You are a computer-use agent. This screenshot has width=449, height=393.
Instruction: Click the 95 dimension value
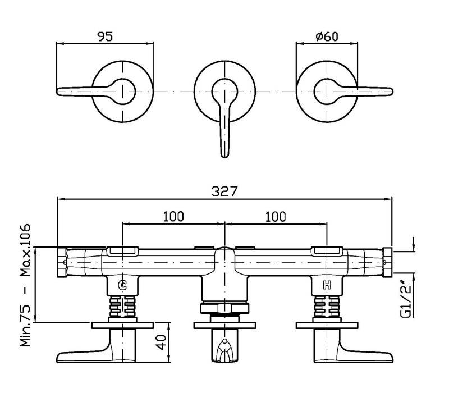[106, 36]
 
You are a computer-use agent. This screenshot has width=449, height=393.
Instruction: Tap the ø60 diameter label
[327, 36]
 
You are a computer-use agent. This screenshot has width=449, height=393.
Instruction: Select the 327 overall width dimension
[224, 191]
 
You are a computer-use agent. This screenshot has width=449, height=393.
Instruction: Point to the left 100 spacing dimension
[173, 217]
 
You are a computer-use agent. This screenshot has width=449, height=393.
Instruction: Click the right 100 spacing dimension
[276, 217]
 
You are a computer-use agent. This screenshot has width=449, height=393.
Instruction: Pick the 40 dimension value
[162, 342]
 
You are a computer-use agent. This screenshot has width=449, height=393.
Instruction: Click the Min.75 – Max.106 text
[25, 285]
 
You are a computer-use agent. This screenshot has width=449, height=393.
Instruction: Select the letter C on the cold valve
[122, 285]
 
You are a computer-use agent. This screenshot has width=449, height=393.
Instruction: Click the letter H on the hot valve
[327, 285]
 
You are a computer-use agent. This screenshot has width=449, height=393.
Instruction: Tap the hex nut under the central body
[224, 308]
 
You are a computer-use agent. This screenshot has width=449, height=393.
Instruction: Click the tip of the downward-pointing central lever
[225, 157]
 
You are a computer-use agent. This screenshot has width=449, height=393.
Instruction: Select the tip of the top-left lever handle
[58, 92]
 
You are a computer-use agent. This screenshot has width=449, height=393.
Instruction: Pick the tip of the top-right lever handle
[392, 92]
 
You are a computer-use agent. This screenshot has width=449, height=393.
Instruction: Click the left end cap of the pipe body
[62, 262]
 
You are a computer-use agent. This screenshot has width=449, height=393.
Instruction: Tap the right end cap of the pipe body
[387, 262]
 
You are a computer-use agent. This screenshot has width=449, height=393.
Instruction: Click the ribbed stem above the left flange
[122, 306]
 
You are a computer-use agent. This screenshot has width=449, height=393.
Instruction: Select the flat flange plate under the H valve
[327, 326]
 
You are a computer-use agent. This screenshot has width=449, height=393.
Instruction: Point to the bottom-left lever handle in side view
[96, 348]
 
